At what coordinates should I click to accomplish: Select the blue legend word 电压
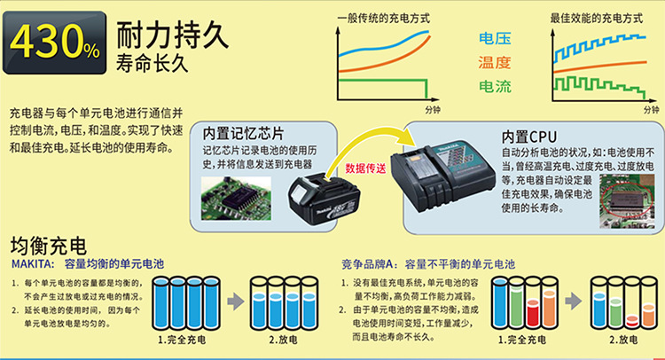(494, 39)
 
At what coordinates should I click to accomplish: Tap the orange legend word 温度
(494, 62)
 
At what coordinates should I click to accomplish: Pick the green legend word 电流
(494, 86)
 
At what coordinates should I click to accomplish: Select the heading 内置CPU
(528, 137)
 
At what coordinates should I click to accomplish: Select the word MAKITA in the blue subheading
(33, 263)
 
